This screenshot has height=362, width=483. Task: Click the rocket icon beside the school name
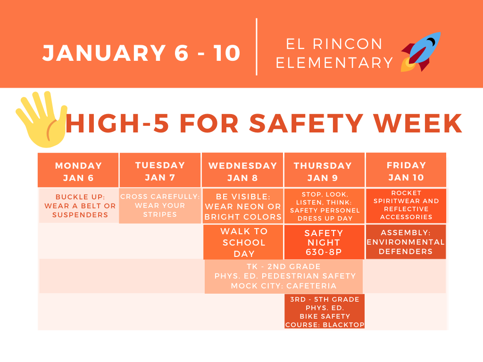421,52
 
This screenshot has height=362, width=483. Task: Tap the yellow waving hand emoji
42,120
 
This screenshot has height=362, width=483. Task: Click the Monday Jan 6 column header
78,171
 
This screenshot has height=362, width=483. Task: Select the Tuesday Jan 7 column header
160,171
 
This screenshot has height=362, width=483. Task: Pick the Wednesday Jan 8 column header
242,171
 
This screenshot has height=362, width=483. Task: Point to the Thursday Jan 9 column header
324,171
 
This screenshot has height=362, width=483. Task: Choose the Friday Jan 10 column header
406,171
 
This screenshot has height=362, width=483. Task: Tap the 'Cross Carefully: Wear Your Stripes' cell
160,206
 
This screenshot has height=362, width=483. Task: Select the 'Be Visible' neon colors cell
243,206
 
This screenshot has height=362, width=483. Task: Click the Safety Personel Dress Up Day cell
325,206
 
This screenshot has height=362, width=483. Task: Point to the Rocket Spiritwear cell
406,205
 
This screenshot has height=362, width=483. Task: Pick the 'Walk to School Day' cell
243,242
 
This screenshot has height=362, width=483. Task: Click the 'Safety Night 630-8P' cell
324,242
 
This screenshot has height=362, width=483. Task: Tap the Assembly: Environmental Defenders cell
406,242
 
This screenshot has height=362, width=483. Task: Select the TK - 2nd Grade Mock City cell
283,276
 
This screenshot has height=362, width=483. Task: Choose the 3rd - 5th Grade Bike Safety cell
325,312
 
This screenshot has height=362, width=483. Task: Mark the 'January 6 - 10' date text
142,53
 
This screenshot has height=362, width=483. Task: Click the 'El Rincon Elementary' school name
334,53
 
